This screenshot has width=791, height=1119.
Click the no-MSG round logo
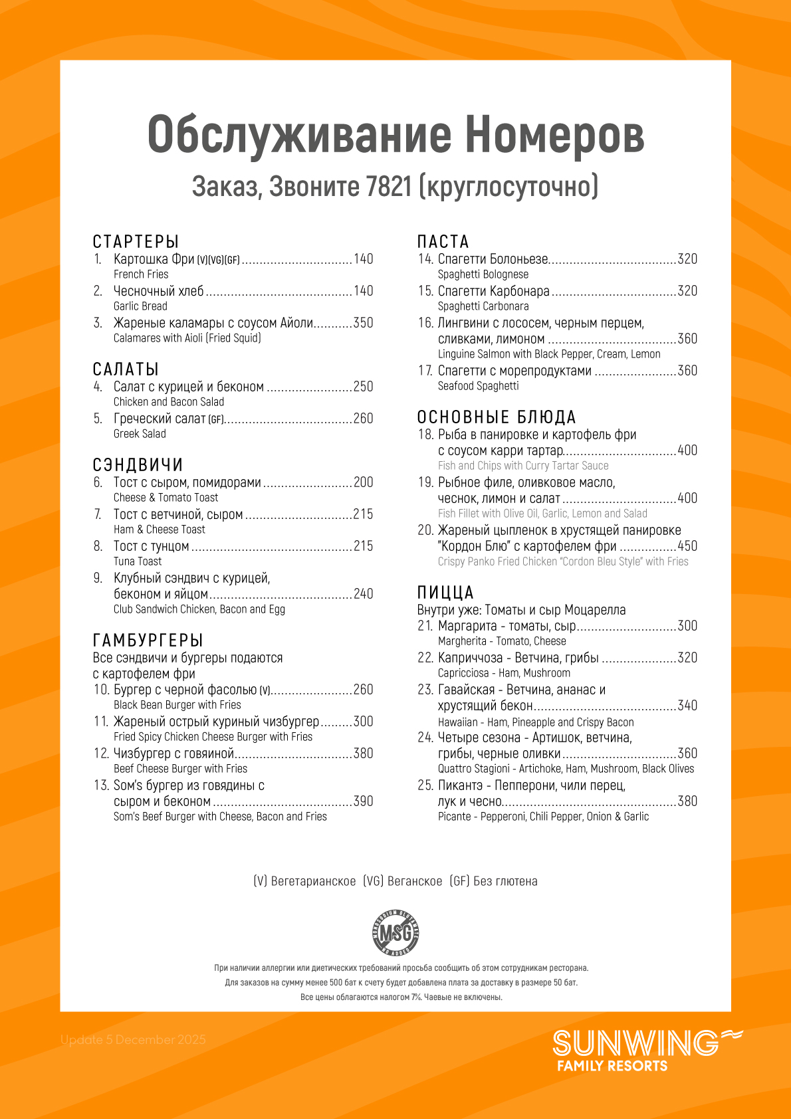click(395, 932)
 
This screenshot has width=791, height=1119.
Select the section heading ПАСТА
click(443, 242)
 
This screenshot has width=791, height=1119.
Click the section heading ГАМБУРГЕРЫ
click(148, 641)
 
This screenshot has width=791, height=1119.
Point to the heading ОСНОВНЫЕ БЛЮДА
click(496, 417)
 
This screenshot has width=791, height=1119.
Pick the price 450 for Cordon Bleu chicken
click(687, 546)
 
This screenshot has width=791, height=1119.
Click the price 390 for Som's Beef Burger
click(363, 801)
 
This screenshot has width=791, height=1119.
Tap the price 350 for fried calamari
click(363, 323)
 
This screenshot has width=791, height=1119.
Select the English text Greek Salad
click(140, 434)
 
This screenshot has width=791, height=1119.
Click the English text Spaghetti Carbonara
click(483, 306)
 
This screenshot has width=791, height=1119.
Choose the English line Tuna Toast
click(138, 561)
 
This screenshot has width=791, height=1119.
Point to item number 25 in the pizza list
click(425, 785)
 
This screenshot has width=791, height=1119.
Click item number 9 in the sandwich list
click(98, 578)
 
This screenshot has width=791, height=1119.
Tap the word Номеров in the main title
click(554, 135)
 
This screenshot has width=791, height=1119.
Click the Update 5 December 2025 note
click(133, 1040)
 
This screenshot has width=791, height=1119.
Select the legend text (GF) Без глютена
click(493, 881)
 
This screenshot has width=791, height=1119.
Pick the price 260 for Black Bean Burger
click(363, 690)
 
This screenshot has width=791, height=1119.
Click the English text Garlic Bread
click(140, 306)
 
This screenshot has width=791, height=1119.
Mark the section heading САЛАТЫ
click(126, 369)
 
